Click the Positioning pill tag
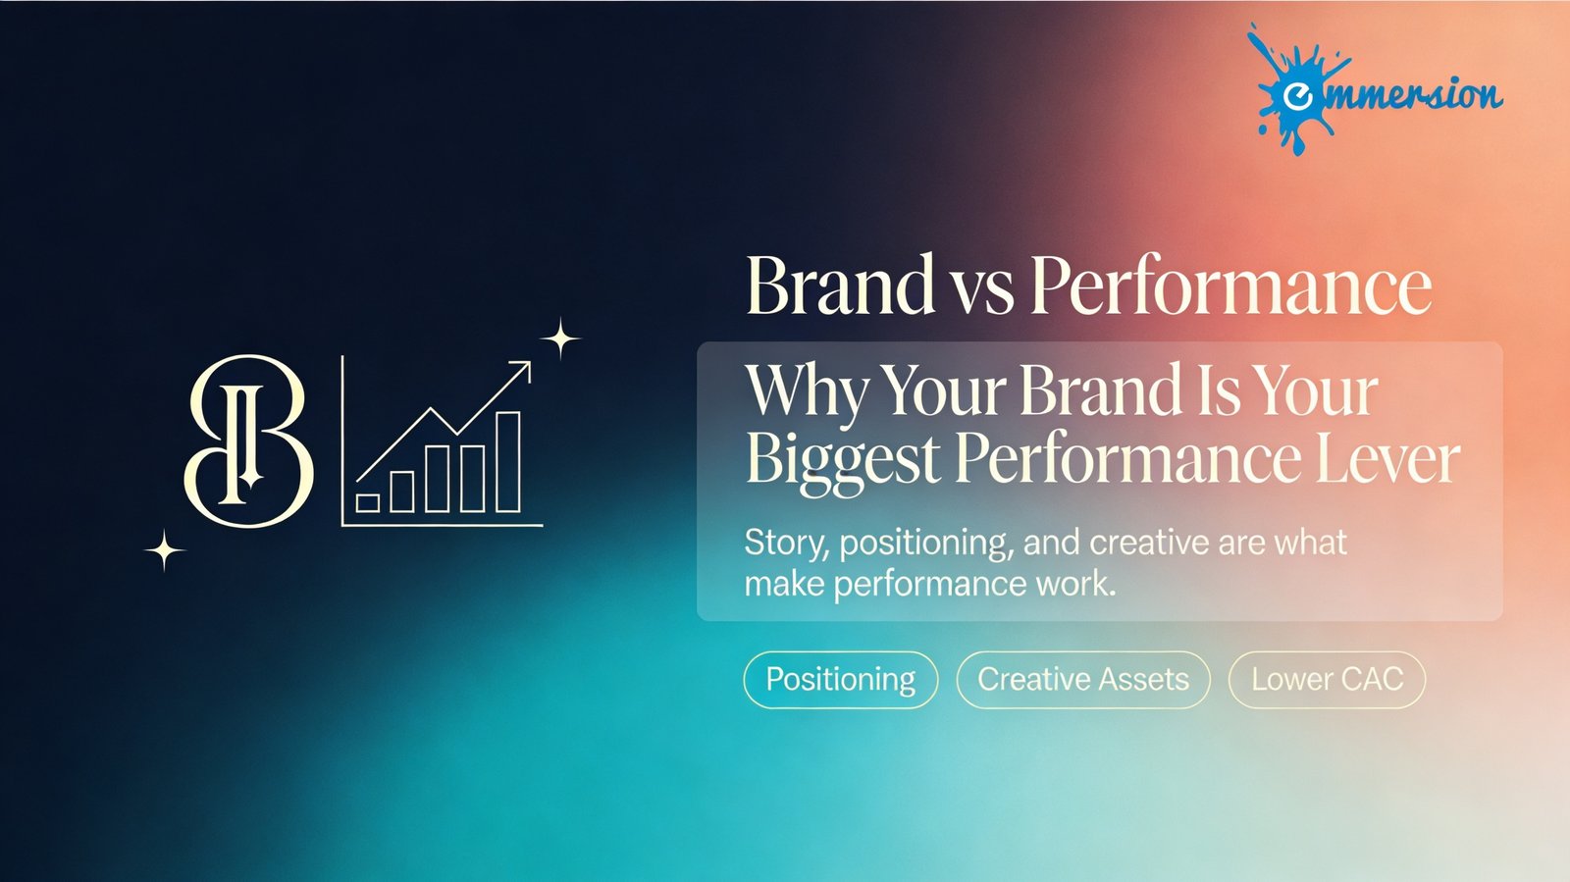click(x=840, y=680)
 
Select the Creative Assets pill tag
click(x=1083, y=680)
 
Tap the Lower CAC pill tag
click(x=1327, y=680)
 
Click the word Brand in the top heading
click(x=840, y=285)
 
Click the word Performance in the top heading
click(x=1231, y=285)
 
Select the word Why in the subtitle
click(x=806, y=393)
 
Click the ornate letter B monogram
click(x=248, y=441)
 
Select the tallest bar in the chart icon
click(x=508, y=462)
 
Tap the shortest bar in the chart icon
click(x=368, y=503)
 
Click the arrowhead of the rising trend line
click(x=523, y=368)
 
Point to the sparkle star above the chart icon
click(x=560, y=339)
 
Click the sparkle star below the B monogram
click(x=165, y=550)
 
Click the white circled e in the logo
click(x=1297, y=96)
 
